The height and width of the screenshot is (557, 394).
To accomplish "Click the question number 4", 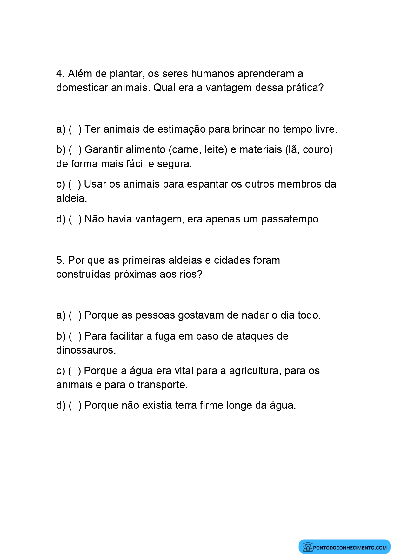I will [x=60, y=74].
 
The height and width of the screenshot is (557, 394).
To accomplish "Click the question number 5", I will [x=60, y=260].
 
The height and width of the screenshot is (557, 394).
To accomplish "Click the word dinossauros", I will [x=86, y=350].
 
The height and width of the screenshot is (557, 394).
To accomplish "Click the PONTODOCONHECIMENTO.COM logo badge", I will [x=344, y=547].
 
